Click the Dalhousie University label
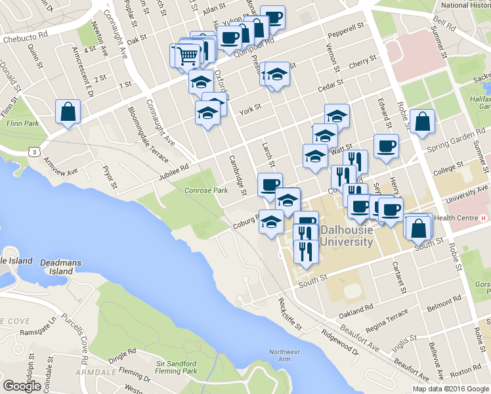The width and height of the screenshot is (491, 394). coord(347,236)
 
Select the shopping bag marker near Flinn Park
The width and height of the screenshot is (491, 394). coord(68,112)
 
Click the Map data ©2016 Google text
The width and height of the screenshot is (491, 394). coord(450,389)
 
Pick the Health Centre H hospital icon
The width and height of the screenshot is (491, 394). coord(484,218)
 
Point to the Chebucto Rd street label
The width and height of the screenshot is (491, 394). coord(25,39)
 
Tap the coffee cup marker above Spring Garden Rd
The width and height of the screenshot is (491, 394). coord(386,147)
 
